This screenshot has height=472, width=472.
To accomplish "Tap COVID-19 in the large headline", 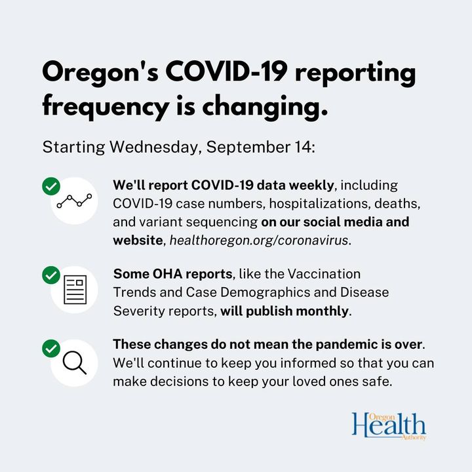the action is (x=226, y=71).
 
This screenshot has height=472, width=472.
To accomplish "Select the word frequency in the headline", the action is (x=106, y=107).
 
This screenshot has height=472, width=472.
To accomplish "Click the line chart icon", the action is (x=74, y=201).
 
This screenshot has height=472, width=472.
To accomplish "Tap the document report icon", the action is (x=75, y=290).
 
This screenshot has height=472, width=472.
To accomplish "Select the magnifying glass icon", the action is (x=74, y=363).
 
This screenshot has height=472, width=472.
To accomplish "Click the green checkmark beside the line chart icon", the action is (x=51, y=186).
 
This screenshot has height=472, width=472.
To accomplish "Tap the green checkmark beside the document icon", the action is (x=51, y=275).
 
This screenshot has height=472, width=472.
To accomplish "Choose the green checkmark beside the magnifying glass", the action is (x=51, y=348).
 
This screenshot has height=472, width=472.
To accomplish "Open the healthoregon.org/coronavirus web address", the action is (x=259, y=241).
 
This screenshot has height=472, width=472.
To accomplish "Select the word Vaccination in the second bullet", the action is (x=324, y=274).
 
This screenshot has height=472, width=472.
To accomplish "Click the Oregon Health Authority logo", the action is (x=389, y=426).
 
